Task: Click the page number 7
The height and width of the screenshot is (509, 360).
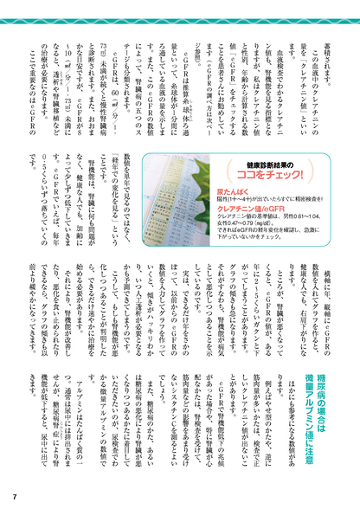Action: [15, 496]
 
